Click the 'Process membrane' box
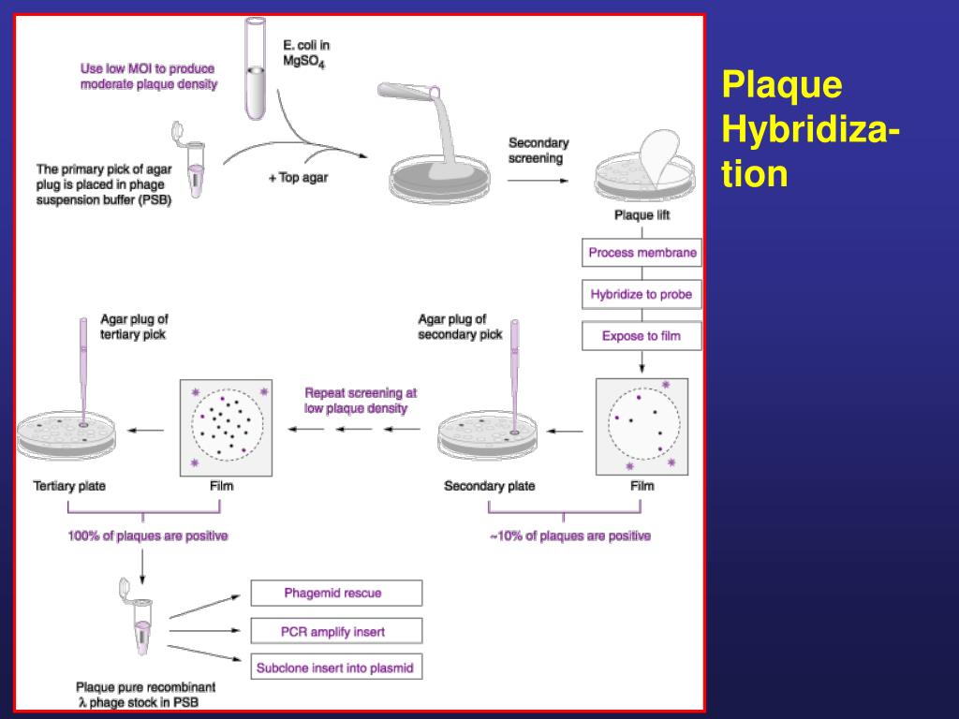pyautogui.click(x=642, y=253)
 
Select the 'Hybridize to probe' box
pyautogui.click(x=642, y=294)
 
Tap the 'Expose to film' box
pyautogui.click(x=642, y=335)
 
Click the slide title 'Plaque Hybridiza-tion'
pyautogui.click(x=811, y=130)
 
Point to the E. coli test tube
pyautogui.click(x=255, y=70)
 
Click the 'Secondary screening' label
pyautogui.click(x=538, y=151)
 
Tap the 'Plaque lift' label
pyautogui.click(x=642, y=216)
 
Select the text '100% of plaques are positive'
pyautogui.click(x=147, y=536)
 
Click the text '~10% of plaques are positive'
pyautogui.click(x=569, y=536)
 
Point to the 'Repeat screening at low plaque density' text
pyautogui.click(x=361, y=401)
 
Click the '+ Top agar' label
pyautogui.click(x=298, y=178)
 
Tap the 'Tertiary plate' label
pyautogui.click(x=69, y=486)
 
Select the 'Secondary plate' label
pyautogui.click(x=489, y=486)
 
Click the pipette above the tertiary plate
pyautogui.click(x=83, y=370)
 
